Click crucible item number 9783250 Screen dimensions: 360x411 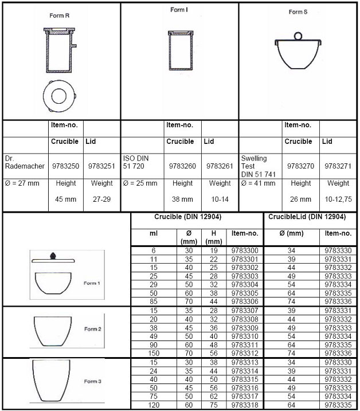point(65,166)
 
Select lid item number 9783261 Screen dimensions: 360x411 point(220,166)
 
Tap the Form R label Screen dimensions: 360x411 point(59,15)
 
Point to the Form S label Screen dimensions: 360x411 point(298,12)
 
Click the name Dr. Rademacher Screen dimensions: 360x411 point(24,162)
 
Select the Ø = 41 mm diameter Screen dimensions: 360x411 point(258,184)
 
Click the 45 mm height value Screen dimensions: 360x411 point(65,200)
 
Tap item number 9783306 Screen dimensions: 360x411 point(245,302)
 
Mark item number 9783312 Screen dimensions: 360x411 point(245,353)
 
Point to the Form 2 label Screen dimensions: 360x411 point(92,329)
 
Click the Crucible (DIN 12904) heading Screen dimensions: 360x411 point(187,217)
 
